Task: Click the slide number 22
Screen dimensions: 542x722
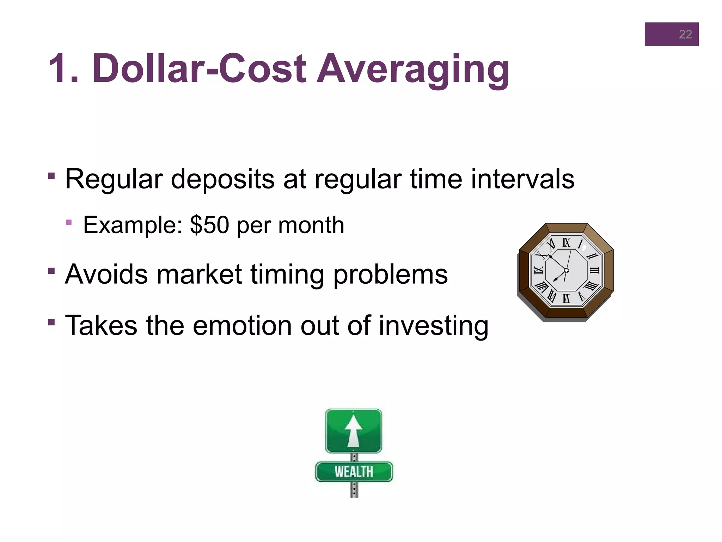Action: point(685,34)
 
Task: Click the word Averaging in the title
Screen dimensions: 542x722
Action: point(413,69)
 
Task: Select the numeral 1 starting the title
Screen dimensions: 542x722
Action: point(59,69)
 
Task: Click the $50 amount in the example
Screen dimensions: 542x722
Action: point(209,225)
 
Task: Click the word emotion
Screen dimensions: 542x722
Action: point(242,325)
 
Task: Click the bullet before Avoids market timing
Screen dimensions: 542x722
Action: point(52,271)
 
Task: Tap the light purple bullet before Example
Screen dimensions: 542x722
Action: point(69,222)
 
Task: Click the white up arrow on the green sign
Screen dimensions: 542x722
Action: point(353,430)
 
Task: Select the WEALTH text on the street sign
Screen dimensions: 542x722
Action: point(354,472)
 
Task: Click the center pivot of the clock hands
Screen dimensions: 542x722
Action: point(566,271)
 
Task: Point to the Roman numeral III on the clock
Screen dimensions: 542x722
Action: point(594,271)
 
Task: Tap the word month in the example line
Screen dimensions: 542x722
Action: point(311,225)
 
